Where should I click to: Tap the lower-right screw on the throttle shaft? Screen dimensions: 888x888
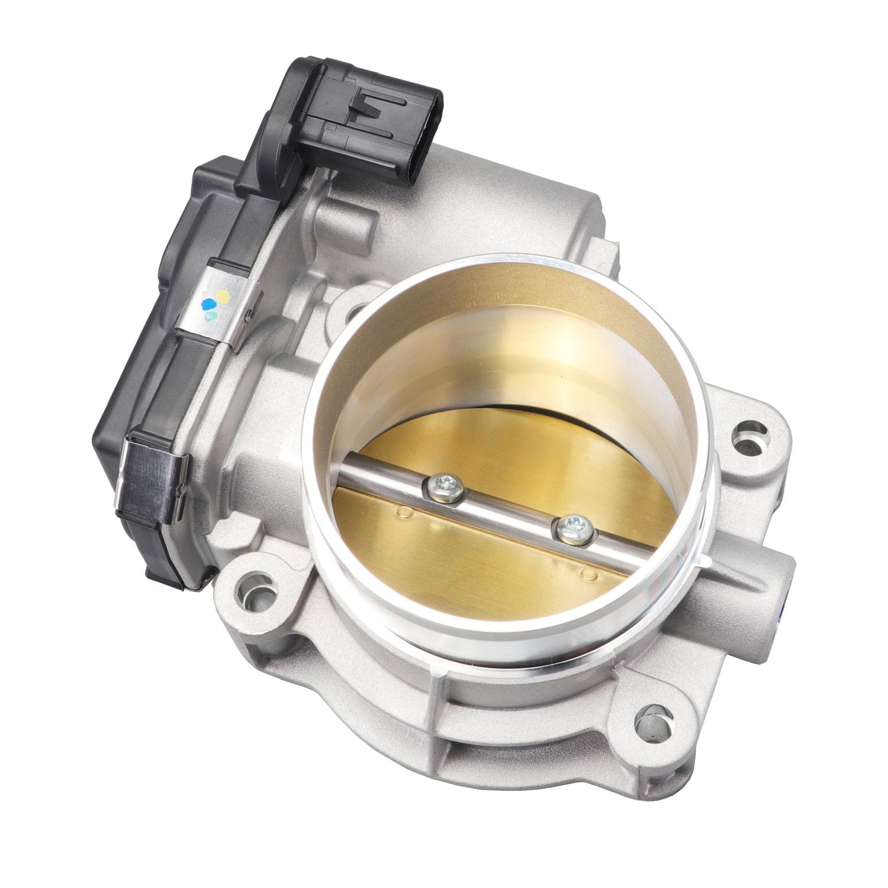(x=573, y=524)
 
